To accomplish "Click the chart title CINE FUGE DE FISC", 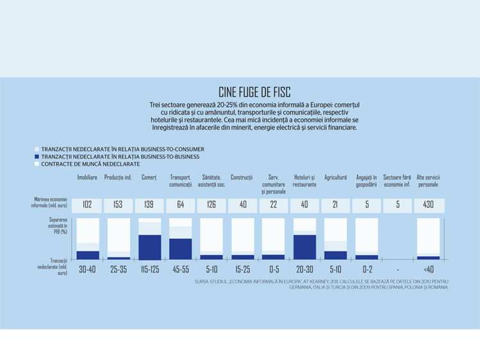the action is click(254, 92).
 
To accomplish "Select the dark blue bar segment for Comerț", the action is click(150, 247).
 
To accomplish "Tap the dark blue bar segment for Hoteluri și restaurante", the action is click(304, 247).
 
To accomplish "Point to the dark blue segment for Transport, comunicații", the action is click(181, 249).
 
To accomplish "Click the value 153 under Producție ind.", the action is click(118, 204).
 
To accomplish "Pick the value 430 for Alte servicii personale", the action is click(428, 204).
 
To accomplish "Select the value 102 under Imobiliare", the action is click(87, 204).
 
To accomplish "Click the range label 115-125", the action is click(150, 270).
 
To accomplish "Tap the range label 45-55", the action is click(181, 270).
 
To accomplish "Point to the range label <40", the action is click(429, 270).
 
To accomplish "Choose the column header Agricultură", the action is click(336, 177).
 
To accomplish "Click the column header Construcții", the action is click(242, 177).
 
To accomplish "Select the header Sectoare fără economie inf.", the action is click(397, 181).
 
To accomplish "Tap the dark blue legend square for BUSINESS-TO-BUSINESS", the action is click(37, 156).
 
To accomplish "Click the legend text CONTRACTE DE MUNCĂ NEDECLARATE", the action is click(90, 164).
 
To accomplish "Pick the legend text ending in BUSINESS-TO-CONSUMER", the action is click(123, 149).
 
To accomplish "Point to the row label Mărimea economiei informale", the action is click(49, 202).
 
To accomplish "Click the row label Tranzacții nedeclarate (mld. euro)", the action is click(53, 266).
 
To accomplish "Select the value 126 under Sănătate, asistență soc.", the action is click(211, 204).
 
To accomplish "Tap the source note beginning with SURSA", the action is click(322, 284).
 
